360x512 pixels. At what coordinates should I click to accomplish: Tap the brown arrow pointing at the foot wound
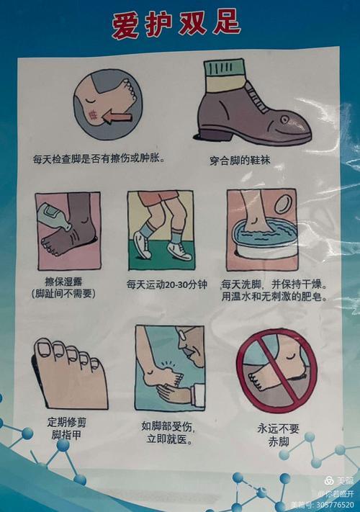pos(118,115)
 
